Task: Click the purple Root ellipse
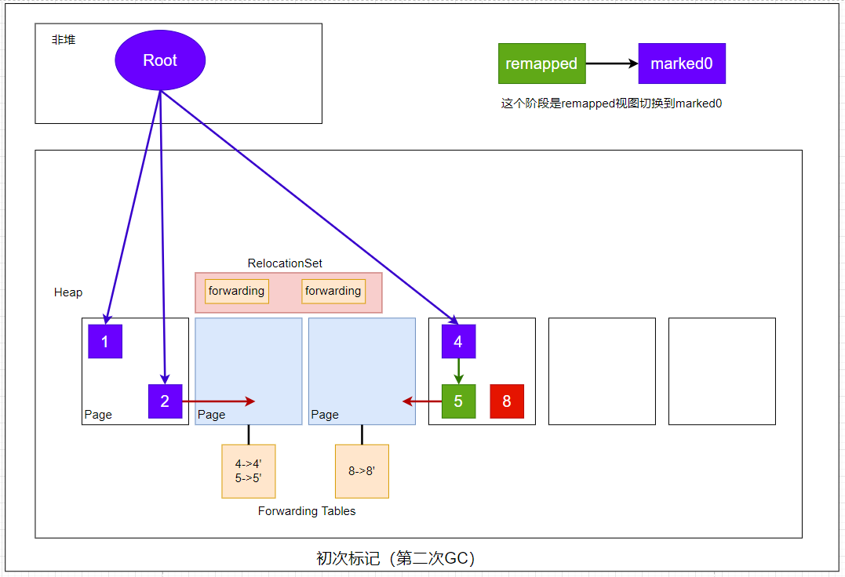(160, 61)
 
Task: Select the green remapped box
(541, 64)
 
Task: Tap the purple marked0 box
(682, 64)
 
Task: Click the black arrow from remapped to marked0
(612, 64)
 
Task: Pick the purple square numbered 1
(105, 341)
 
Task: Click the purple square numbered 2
(165, 401)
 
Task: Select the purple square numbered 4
(458, 341)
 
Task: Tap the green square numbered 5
(458, 401)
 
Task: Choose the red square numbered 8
(507, 401)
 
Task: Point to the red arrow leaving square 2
(219, 401)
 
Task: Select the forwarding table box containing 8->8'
(362, 471)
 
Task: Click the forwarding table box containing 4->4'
(249, 471)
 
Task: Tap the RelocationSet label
(285, 263)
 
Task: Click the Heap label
(68, 292)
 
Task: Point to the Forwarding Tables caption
(307, 511)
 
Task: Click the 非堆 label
(64, 39)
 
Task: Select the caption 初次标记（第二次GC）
(395, 558)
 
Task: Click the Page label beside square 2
(98, 415)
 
